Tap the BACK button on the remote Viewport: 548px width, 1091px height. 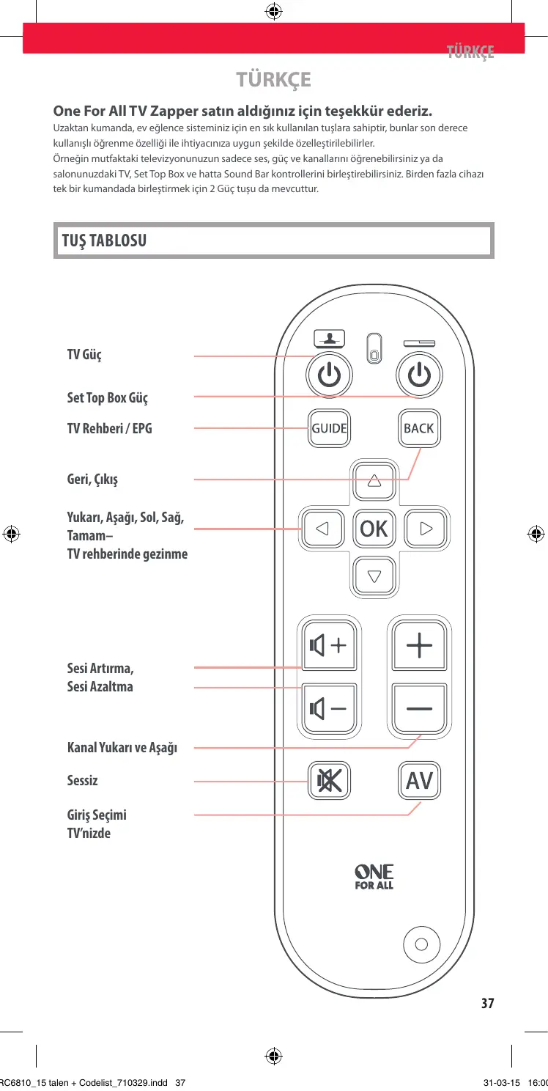point(418,428)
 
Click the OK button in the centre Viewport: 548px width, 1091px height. point(374,529)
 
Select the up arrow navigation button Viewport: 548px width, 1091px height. point(374,481)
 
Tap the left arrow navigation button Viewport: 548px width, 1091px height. point(322,528)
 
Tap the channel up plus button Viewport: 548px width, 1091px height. point(419,646)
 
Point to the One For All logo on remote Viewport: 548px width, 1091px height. point(374,876)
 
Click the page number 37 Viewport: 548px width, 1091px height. point(487,1003)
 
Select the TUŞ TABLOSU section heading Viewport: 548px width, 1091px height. point(104,240)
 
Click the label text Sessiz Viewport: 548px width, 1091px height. point(82,781)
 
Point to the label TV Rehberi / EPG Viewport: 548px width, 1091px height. point(110,428)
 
